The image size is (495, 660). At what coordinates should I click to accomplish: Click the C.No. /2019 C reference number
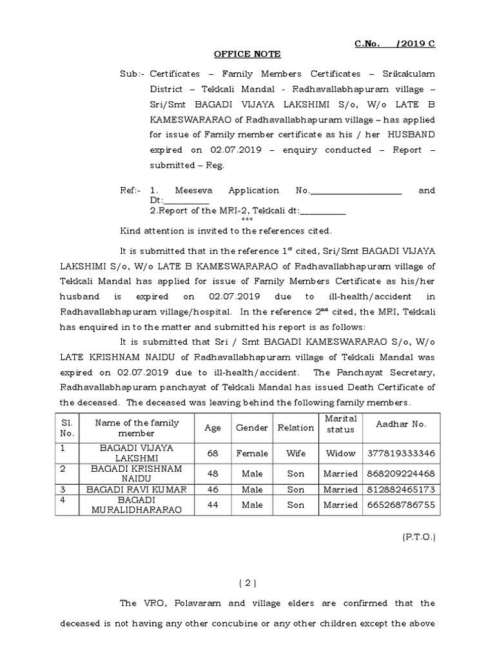[x=395, y=43]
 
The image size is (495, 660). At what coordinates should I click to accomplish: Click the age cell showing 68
[x=212, y=453]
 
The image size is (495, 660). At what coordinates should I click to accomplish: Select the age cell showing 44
[x=212, y=505]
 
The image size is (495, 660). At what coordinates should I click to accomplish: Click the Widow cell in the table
[x=340, y=453]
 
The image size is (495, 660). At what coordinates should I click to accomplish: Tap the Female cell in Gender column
[x=252, y=453]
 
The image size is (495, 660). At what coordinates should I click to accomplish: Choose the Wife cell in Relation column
[x=296, y=453]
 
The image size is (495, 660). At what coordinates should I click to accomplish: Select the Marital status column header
[x=340, y=424]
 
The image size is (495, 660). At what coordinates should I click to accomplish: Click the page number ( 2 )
[x=247, y=583]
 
